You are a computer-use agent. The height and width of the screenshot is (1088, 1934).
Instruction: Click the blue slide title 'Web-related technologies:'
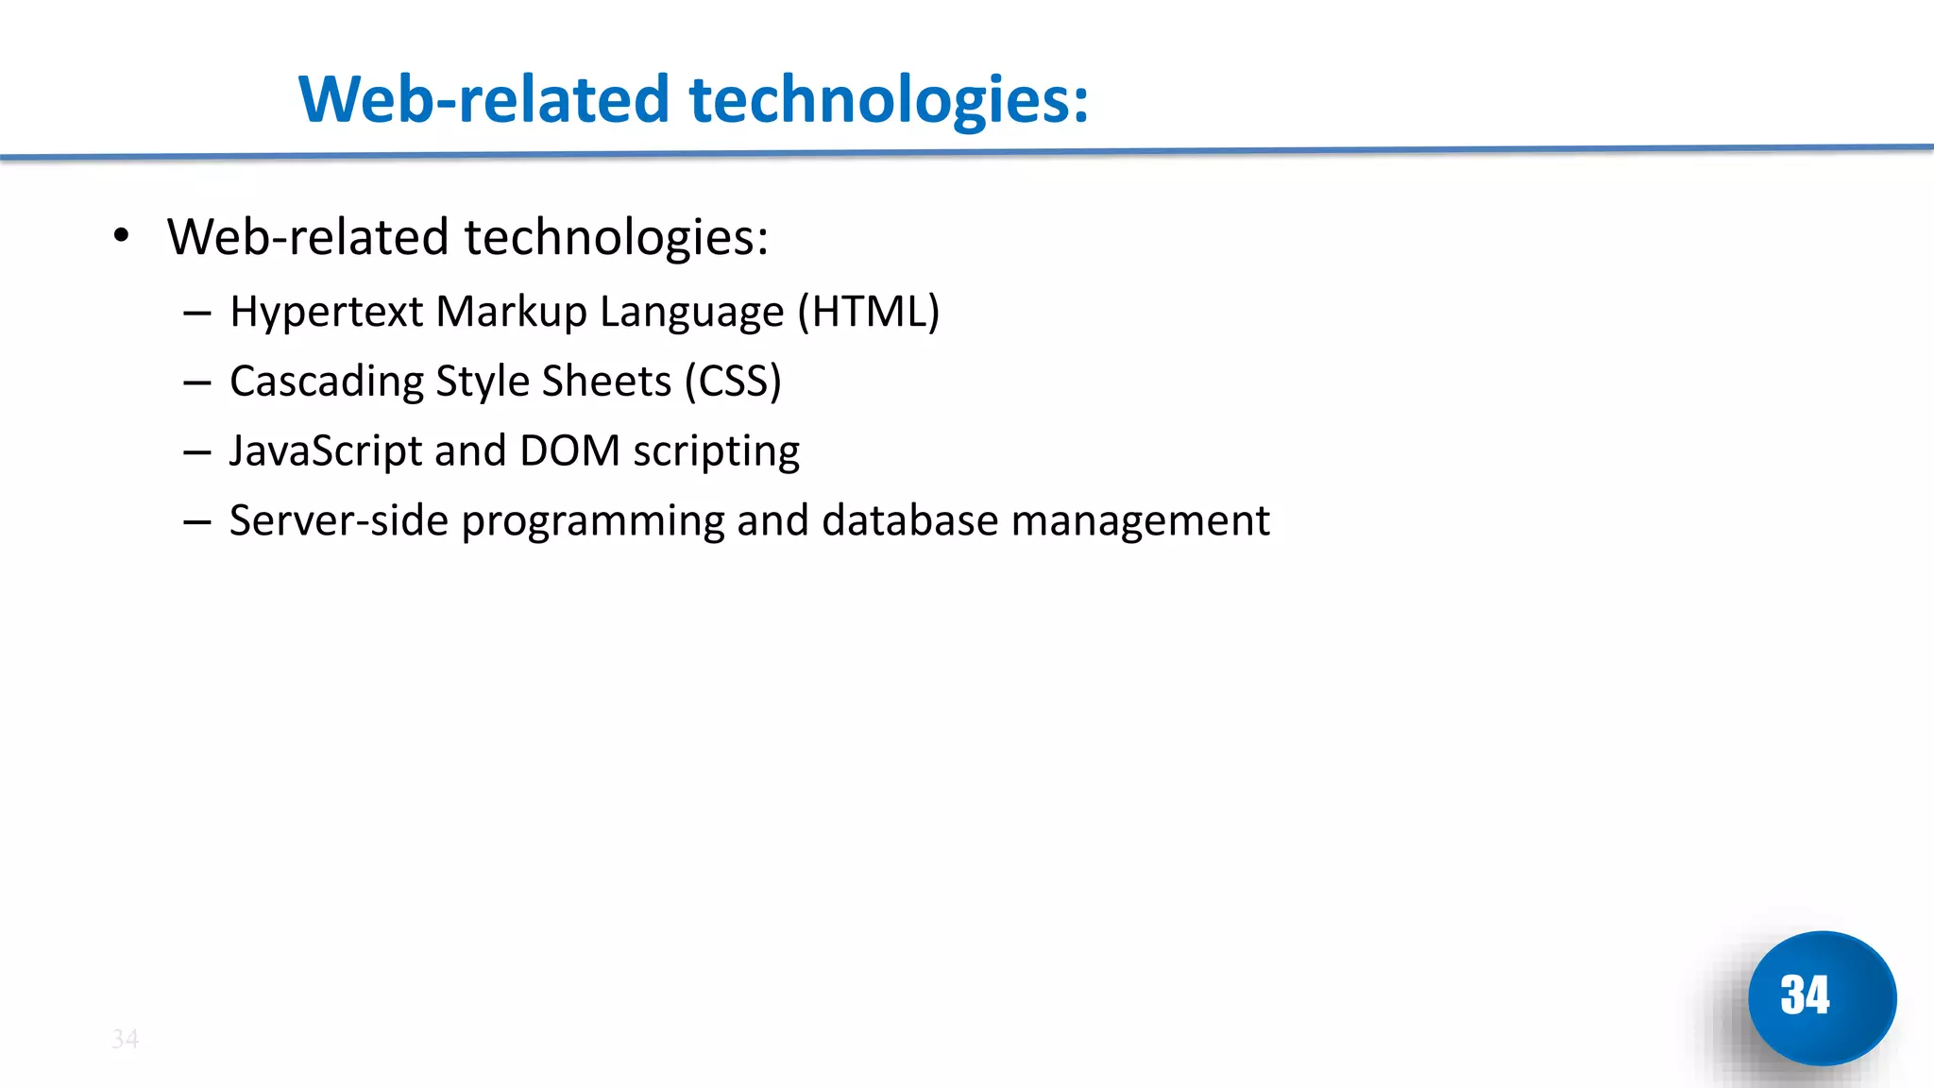tap(693, 100)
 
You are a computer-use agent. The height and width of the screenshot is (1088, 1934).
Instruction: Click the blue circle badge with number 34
tap(1821, 997)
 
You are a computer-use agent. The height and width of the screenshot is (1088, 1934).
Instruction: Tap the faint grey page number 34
tap(125, 1039)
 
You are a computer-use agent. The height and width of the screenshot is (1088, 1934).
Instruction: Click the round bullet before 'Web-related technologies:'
tap(120, 235)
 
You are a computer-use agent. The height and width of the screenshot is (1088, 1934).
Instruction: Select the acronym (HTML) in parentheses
tap(868, 312)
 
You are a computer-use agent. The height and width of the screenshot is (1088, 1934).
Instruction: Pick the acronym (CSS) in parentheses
tap(733, 382)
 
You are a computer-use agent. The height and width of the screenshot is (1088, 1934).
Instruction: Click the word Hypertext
tap(326, 313)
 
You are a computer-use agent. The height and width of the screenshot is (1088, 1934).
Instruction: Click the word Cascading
tap(326, 382)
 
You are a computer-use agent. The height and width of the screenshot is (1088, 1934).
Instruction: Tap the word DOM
tap(569, 451)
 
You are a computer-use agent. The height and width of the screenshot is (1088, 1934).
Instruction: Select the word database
tap(909, 520)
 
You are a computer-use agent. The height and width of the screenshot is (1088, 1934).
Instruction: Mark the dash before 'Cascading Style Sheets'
tap(196, 382)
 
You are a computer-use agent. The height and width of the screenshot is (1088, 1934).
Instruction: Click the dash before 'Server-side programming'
tap(196, 521)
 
